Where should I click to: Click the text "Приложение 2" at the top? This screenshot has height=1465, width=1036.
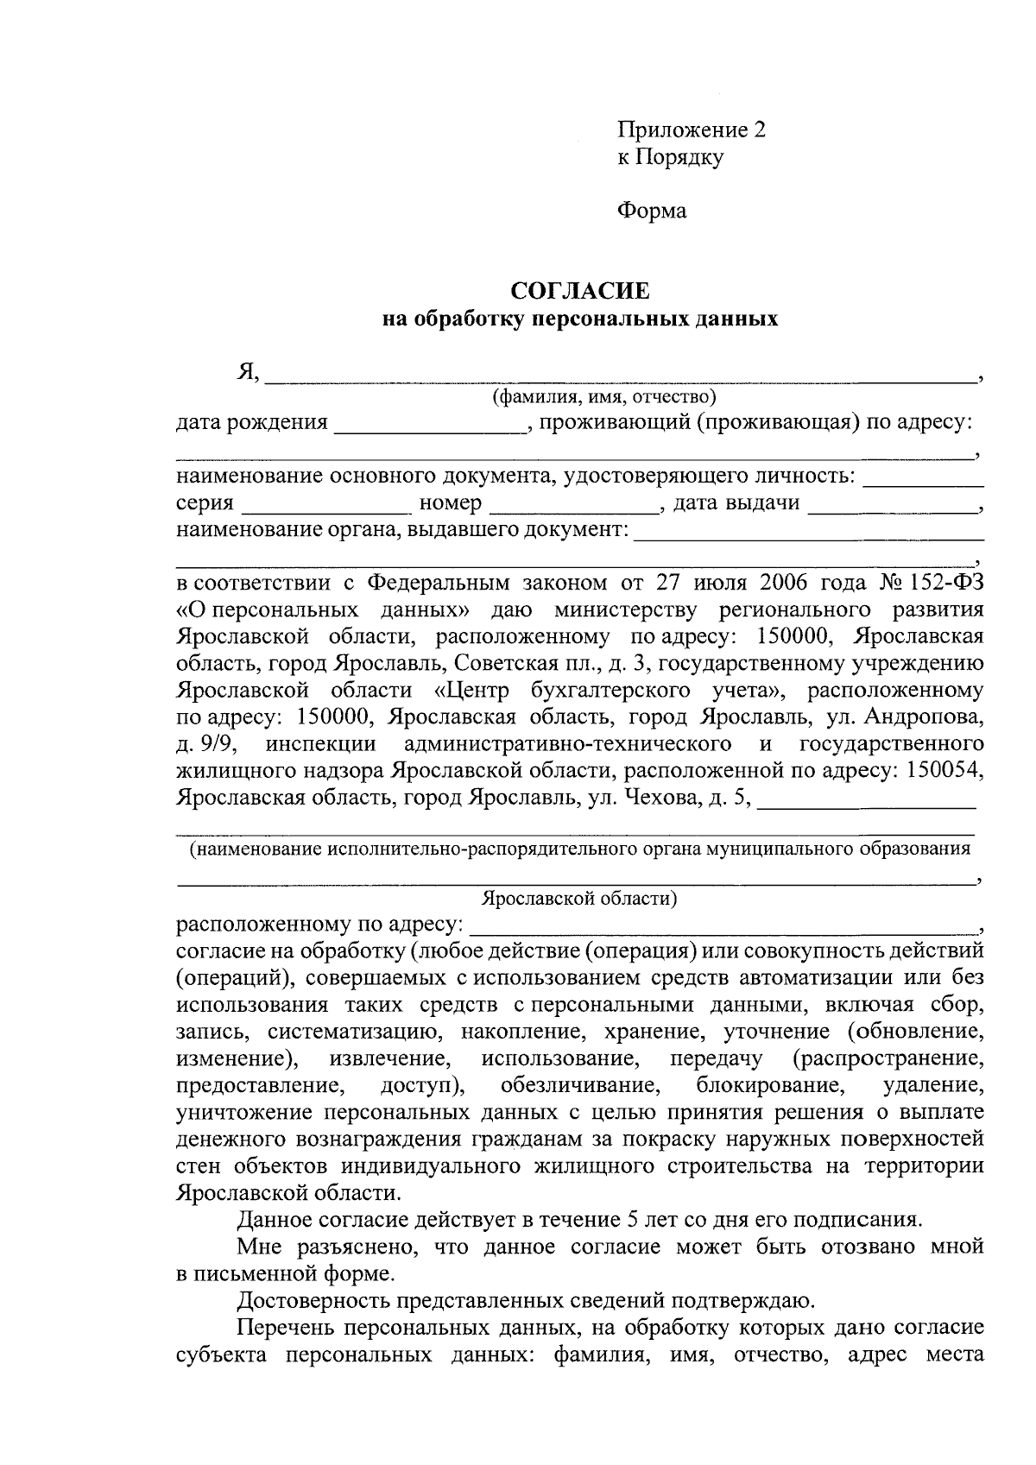click(691, 130)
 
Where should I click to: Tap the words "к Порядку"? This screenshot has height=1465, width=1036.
click(670, 157)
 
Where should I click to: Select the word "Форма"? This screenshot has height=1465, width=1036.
click(652, 211)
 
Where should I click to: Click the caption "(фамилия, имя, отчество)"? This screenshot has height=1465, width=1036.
click(604, 397)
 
